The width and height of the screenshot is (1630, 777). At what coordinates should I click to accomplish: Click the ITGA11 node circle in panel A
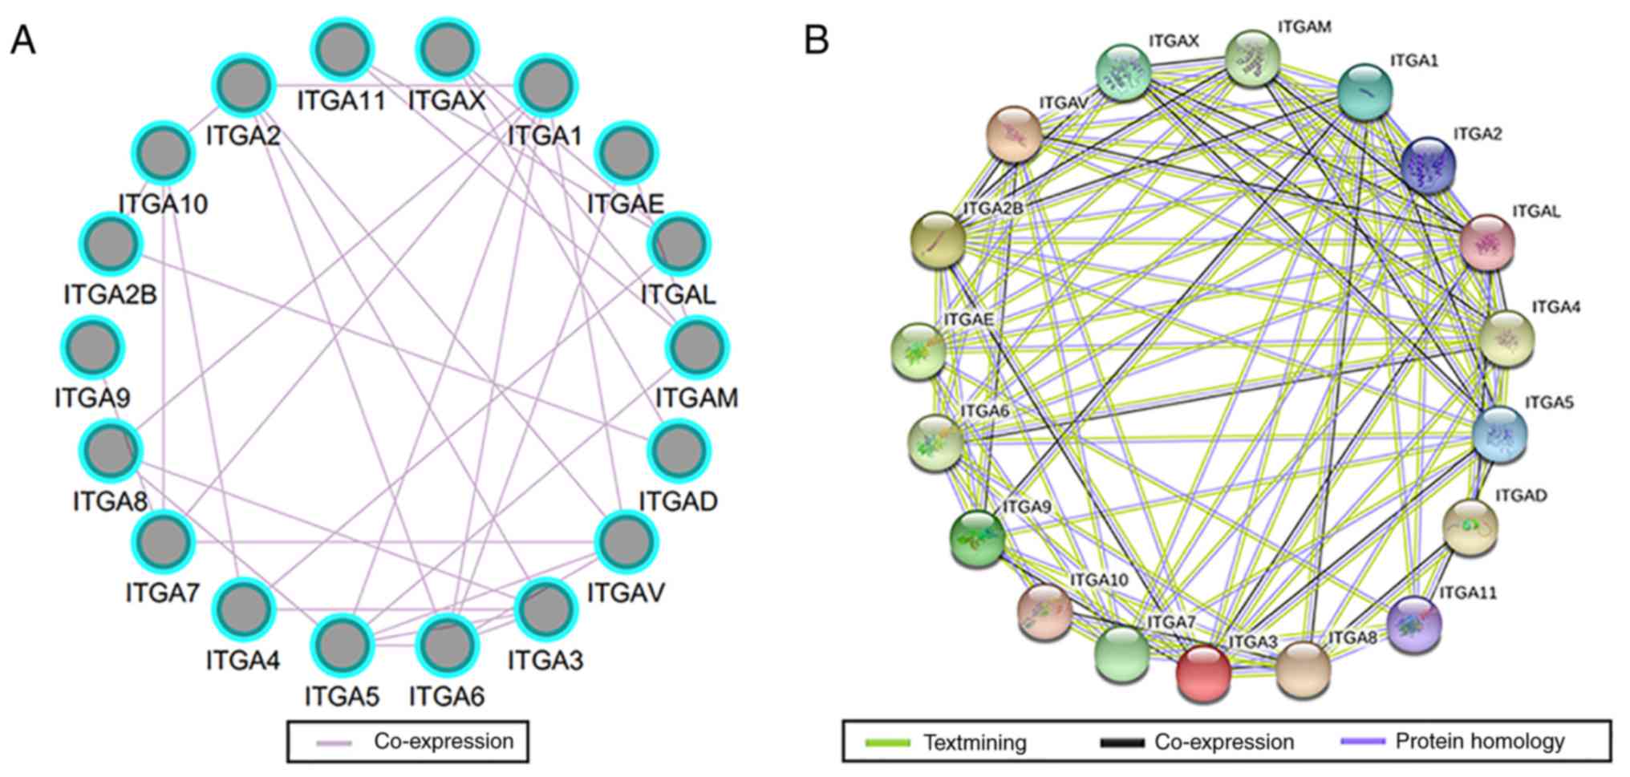point(343,51)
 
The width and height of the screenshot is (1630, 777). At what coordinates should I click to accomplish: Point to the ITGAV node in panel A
point(626,542)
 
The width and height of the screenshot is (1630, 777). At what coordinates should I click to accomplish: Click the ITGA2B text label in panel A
point(110,295)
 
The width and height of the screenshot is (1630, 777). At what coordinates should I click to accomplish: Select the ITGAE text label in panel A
point(626,204)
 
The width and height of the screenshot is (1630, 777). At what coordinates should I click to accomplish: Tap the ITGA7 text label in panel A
point(162,593)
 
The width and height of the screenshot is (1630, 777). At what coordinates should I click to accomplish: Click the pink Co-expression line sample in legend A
point(334,743)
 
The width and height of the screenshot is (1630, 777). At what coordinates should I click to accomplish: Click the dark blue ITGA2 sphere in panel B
point(1428,165)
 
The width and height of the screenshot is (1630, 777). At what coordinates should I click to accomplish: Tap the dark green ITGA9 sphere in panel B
point(976,538)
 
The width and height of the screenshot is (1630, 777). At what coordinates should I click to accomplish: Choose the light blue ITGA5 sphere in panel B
point(1499,434)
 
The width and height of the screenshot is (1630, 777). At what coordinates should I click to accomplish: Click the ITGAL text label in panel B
point(1535,212)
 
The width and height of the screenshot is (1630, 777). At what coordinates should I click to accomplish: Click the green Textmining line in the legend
point(887,743)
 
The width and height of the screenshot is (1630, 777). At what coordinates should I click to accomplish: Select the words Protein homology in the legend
point(1480,742)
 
